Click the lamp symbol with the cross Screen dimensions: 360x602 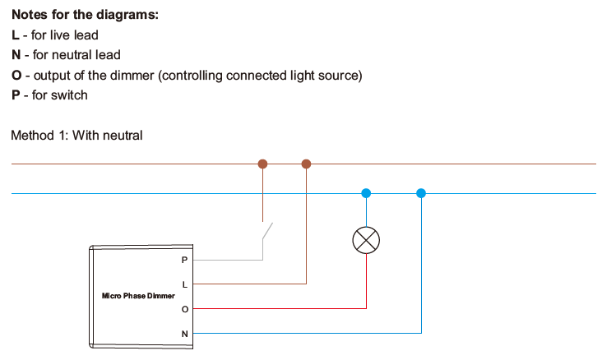366,240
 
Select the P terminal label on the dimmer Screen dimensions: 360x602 184,260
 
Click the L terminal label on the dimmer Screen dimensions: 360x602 184,284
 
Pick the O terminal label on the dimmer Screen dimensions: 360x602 184,309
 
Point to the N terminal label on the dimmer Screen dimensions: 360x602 184,334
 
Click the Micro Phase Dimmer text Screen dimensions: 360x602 138,296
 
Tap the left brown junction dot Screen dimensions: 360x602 263,164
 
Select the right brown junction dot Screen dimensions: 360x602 307,164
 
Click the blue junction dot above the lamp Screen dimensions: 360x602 366,193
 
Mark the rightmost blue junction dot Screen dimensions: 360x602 421,193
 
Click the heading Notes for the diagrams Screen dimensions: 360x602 86,16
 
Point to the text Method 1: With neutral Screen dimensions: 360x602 76,135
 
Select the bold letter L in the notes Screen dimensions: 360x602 15,35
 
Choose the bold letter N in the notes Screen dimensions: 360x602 16,55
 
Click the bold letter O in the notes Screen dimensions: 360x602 16,76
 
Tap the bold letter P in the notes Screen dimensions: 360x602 16,95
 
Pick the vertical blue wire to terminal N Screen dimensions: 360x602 421,271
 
